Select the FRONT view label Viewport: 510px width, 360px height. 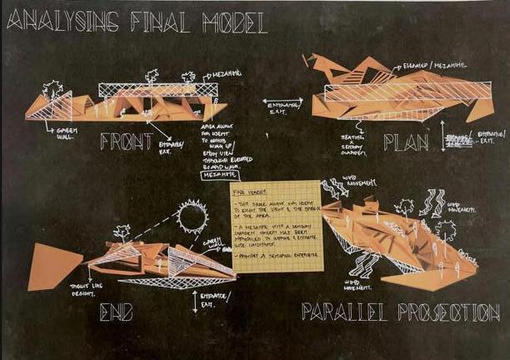[x=126, y=142]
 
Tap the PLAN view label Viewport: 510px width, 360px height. [x=406, y=142]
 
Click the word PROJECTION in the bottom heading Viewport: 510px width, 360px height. [x=448, y=313]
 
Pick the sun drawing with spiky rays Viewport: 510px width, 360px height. [x=191, y=219]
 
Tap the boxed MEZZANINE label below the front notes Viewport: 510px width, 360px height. [x=212, y=174]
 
